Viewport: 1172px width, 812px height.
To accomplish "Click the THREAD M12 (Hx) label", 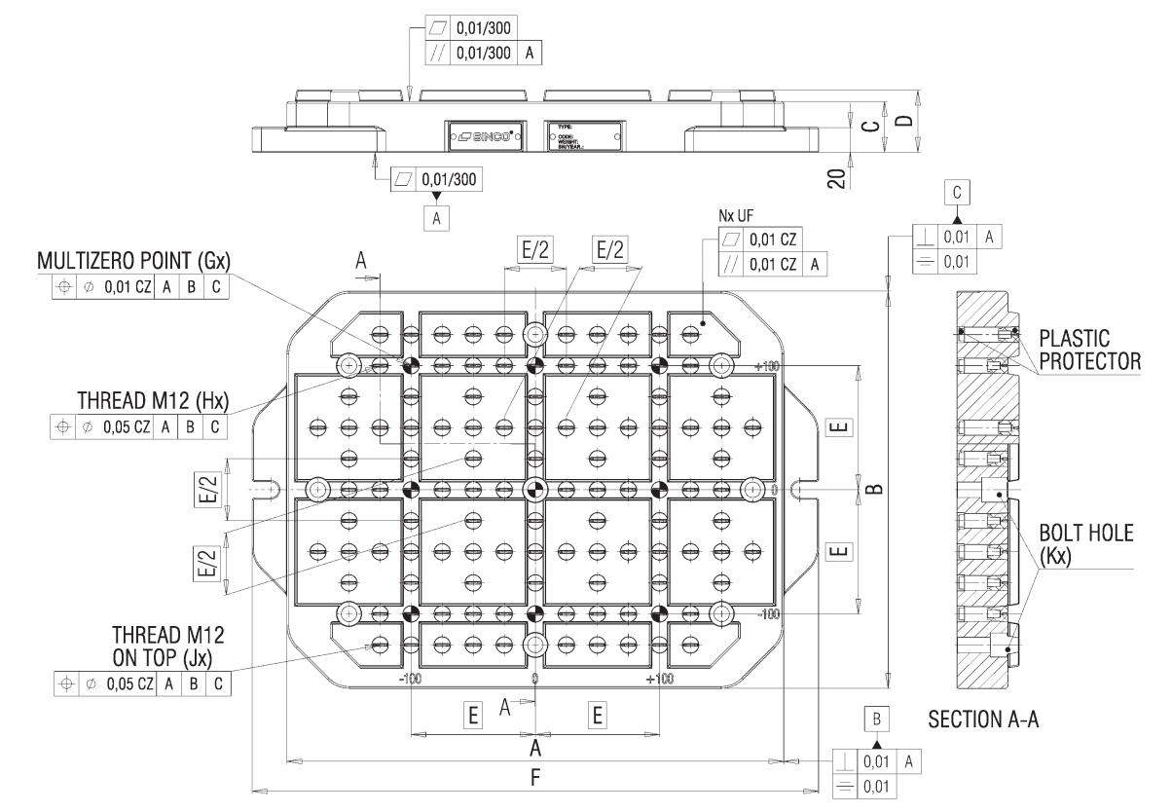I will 153,403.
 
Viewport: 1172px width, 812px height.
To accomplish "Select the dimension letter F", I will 534,777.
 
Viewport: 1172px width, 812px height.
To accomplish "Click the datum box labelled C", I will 957,194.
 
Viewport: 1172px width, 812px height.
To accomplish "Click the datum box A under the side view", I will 435,219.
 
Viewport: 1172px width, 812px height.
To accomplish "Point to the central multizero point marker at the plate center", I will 533,488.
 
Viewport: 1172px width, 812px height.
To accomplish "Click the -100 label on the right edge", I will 770,613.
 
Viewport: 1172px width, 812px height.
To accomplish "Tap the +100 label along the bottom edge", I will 658,678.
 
